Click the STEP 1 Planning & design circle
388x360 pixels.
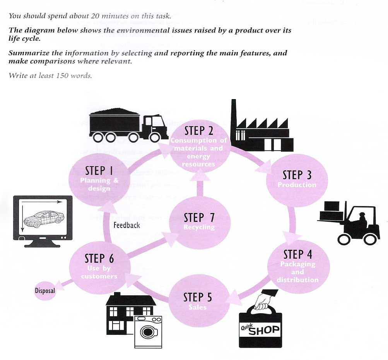[x=99, y=178]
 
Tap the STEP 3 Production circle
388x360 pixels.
[x=297, y=180]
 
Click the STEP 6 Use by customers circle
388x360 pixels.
[x=99, y=267]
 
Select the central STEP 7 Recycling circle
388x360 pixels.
[x=199, y=223]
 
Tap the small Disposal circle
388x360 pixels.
[x=45, y=290]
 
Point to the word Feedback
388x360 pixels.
[x=126, y=225]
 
